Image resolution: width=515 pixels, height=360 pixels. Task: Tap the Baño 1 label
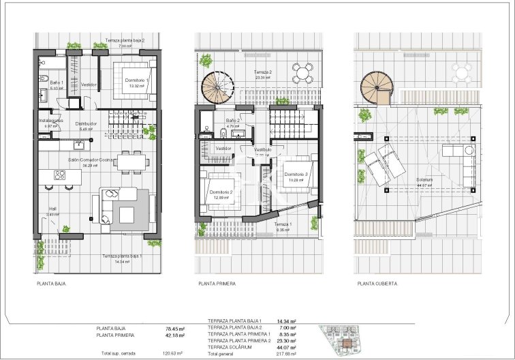tap(57, 83)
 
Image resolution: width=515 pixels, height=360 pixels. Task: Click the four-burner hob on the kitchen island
tap(60, 175)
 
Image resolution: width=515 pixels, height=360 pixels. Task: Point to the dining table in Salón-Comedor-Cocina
tap(131, 161)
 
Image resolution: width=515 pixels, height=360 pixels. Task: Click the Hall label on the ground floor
tap(52, 209)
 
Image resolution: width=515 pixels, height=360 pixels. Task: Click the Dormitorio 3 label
tap(296, 174)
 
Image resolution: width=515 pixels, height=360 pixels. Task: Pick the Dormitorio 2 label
tap(222, 192)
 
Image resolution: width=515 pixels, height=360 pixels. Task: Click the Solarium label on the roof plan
tap(424, 180)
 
